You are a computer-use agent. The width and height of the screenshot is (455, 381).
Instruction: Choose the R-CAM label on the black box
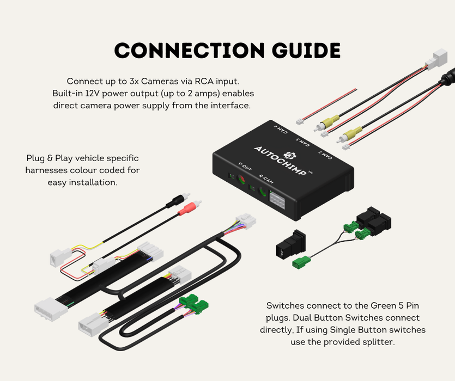point(265,180)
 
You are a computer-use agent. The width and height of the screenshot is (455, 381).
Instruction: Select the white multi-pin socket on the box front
point(277,202)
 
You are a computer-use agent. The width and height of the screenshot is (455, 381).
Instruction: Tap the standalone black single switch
point(290,244)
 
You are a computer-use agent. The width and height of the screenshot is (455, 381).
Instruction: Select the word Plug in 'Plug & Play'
point(36,158)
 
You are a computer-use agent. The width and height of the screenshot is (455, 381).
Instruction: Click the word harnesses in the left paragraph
point(47,170)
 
